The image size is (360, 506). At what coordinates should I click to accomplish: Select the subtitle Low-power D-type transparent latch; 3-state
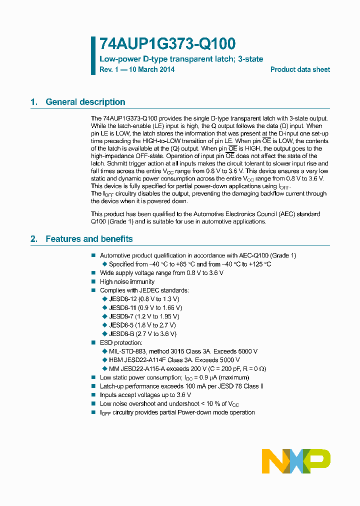(181, 59)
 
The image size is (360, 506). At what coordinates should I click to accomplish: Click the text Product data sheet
(300, 69)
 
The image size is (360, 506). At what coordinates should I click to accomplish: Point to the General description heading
(85, 102)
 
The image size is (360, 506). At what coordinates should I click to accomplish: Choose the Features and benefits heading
(89, 239)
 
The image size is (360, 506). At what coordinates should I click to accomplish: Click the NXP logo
(296, 461)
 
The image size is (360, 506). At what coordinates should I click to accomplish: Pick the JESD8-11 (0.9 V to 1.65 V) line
(145, 307)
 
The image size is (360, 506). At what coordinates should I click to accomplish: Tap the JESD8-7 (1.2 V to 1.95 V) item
(144, 316)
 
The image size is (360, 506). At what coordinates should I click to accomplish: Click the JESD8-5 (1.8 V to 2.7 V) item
(142, 325)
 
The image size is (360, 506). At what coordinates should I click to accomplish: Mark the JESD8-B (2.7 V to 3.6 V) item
(142, 333)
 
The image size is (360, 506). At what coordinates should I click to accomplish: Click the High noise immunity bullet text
(127, 281)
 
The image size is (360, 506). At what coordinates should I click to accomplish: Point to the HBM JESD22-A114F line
(174, 360)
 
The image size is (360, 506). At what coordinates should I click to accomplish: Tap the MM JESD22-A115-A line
(187, 369)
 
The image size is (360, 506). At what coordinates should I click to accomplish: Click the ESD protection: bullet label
(121, 342)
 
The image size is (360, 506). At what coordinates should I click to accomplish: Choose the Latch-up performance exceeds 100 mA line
(181, 386)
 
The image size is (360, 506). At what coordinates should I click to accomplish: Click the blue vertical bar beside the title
(93, 55)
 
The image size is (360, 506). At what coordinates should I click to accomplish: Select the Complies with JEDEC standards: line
(144, 290)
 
